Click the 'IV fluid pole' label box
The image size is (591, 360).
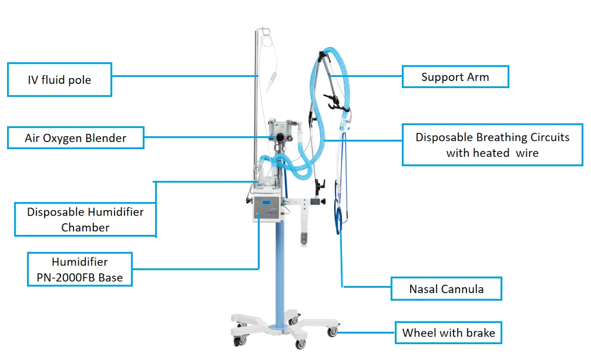tap(59, 79)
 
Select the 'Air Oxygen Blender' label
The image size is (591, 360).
tap(76, 139)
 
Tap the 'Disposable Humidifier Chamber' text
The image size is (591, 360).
tap(85, 219)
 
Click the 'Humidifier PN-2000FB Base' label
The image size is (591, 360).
tap(80, 270)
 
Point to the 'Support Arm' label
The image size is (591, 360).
tap(455, 77)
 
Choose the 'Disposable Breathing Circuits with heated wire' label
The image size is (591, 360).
tap(492, 144)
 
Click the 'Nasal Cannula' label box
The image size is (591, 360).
tap(446, 289)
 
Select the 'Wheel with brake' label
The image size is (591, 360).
tap(448, 333)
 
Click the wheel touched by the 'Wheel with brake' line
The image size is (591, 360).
tap(333, 332)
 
